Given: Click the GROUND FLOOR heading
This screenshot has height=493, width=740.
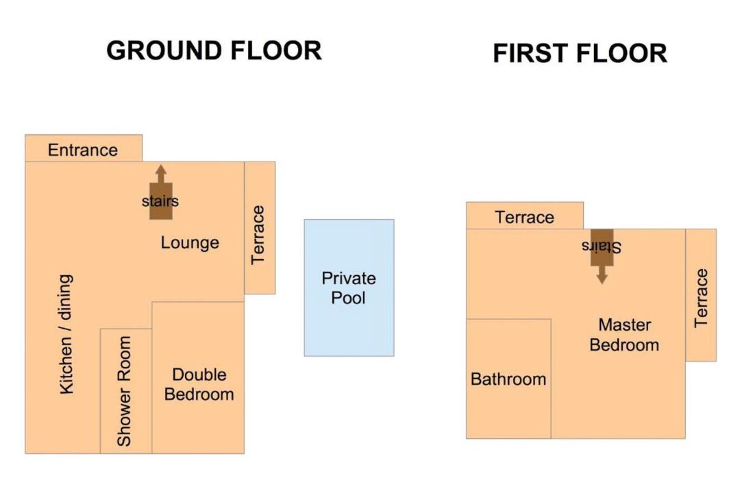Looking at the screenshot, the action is [214, 51].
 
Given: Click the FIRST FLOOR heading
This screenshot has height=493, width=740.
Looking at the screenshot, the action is [580, 53].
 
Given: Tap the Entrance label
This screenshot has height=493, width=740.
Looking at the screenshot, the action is [83, 150].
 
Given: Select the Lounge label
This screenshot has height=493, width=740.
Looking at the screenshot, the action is [190, 242].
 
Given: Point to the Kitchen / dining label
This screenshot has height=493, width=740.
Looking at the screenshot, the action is [66, 334].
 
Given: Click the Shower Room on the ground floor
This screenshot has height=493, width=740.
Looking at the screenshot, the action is [125, 391].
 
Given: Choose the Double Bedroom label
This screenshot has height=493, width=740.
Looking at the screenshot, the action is [199, 385].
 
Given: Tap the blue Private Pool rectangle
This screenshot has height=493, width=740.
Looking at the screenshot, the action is [349, 288].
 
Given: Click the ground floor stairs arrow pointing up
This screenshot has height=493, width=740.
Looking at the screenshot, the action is [161, 192].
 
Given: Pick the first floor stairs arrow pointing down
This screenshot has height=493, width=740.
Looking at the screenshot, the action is [602, 257].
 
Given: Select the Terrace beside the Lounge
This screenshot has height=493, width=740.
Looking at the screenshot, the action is [260, 228].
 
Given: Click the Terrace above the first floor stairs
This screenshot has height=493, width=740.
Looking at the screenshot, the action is [525, 216].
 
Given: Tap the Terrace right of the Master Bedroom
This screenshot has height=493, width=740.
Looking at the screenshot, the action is [701, 295].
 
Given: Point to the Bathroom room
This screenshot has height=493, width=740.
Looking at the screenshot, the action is [508, 379].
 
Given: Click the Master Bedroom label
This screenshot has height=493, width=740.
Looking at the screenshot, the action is [624, 335].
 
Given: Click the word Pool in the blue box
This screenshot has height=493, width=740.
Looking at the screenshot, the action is [348, 298].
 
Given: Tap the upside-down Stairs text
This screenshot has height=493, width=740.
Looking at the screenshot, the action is [602, 246].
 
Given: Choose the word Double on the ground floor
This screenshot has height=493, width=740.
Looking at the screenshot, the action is [199, 375].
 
